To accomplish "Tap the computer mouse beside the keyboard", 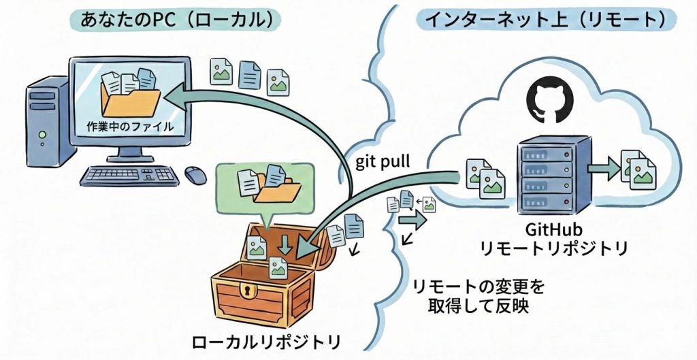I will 195,174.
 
